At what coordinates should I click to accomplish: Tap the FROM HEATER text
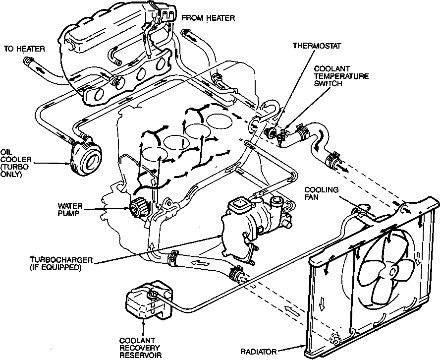pos(208,18)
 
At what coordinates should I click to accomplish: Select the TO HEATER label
pos(24,49)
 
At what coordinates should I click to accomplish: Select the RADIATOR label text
pos(258,352)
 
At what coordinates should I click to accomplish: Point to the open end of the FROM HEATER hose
pos(186,34)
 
